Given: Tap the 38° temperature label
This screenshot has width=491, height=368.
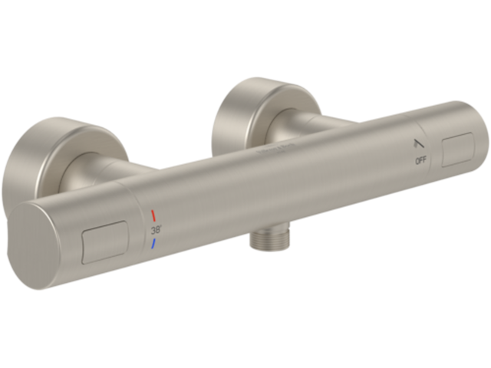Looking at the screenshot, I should [155, 228].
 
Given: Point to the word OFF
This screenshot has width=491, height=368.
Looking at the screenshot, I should [421, 161].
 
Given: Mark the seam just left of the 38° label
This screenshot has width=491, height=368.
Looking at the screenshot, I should [142, 230].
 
